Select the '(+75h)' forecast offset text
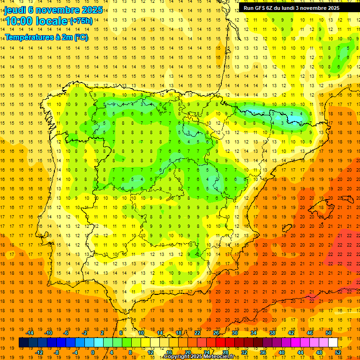[x=81, y=21]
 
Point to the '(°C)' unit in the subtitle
[x=81, y=37]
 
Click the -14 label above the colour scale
[x=30, y=333]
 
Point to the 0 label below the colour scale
[x=93, y=352]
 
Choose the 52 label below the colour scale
[x=338, y=352]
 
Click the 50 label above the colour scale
[x=329, y=333]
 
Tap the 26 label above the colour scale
[x=216, y=333]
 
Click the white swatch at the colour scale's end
[x=333, y=343]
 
